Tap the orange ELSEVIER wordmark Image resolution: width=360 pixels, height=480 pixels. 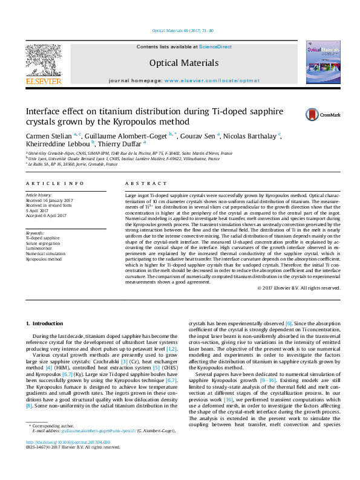(x=43, y=80)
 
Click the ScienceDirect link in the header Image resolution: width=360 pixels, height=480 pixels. (x=215, y=47)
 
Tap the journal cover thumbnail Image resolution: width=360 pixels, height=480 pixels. (x=323, y=62)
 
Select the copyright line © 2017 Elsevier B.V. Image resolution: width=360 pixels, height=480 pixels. (x=299, y=288)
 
